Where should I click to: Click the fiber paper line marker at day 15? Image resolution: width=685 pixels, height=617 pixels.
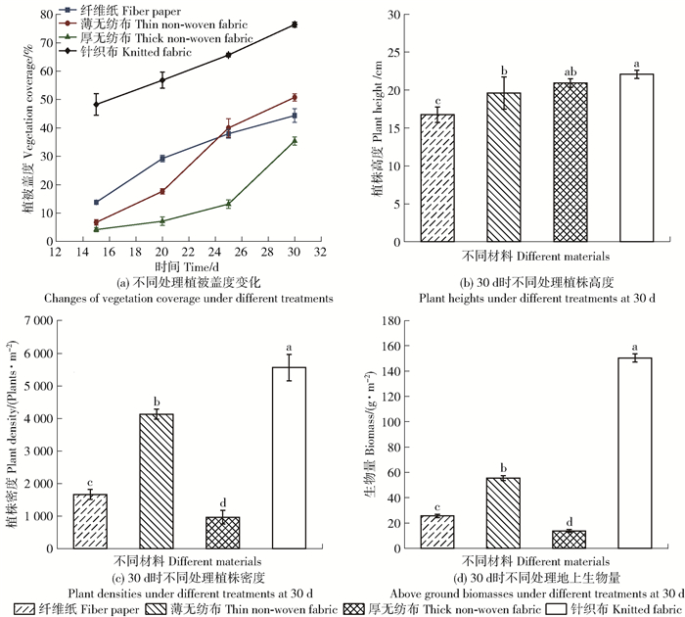(96, 202)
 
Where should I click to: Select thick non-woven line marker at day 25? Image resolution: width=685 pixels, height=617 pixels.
(228, 204)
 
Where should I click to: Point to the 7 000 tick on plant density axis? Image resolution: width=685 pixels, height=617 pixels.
(47, 321)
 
